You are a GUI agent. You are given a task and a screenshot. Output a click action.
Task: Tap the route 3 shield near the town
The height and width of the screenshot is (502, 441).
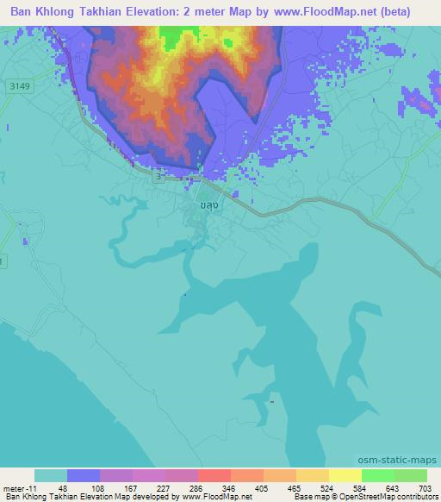click(x=158, y=175)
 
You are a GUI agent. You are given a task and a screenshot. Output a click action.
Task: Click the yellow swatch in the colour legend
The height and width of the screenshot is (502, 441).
click(x=345, y=475)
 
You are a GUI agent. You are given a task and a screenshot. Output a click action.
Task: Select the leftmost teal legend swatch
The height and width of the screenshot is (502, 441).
click(x=51, y=475)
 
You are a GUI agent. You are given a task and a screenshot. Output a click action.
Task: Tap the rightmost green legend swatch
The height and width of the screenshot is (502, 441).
click(x=411, y=475)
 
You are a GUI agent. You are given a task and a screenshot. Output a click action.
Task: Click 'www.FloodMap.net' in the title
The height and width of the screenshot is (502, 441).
click(x=326, y=12)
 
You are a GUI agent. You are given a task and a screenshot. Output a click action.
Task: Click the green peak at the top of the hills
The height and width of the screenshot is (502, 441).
click(x=179, y=36)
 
